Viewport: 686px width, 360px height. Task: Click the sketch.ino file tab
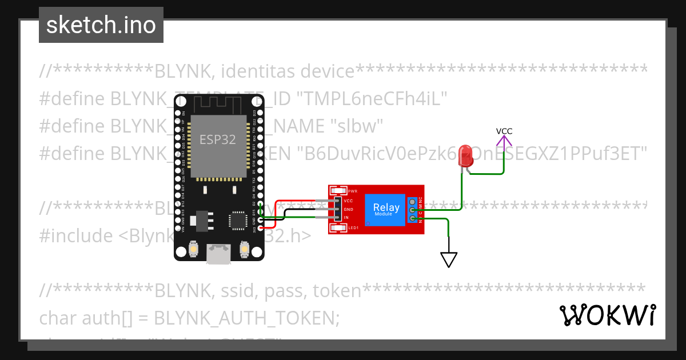101,25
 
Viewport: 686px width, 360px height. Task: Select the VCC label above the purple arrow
504,131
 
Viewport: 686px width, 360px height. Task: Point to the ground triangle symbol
449,260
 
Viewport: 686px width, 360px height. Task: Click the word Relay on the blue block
386,207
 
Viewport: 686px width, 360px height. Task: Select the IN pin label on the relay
346,218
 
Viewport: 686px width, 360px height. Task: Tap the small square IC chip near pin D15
237,220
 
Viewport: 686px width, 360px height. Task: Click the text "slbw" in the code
357,126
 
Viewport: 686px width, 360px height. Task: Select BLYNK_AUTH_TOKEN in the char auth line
246,318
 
